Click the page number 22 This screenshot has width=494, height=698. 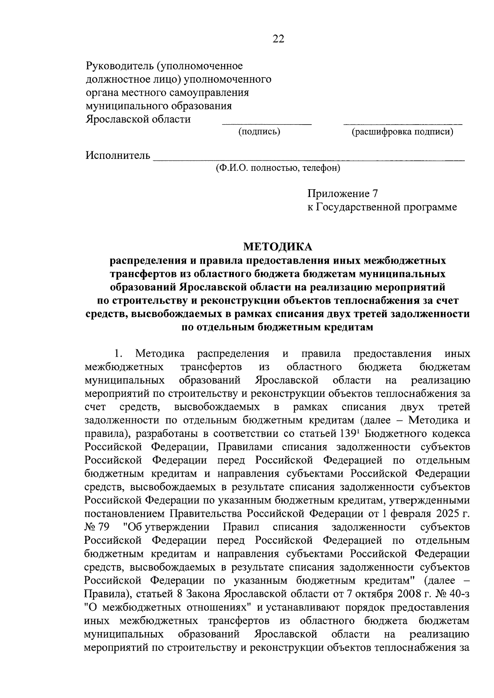[278, 39]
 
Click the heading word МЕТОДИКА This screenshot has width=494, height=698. [278, 246]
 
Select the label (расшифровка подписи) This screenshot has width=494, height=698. [402, 132]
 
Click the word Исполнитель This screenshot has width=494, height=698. [118, 155]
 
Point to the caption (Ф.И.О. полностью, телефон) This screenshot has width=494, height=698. [278, 168]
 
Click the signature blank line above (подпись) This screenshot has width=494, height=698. [267, 123]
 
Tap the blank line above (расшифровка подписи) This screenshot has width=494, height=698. [402, 123]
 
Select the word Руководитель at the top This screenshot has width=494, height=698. [119, 66]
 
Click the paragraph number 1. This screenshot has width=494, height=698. [118, 354]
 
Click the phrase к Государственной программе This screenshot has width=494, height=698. [382, 207]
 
